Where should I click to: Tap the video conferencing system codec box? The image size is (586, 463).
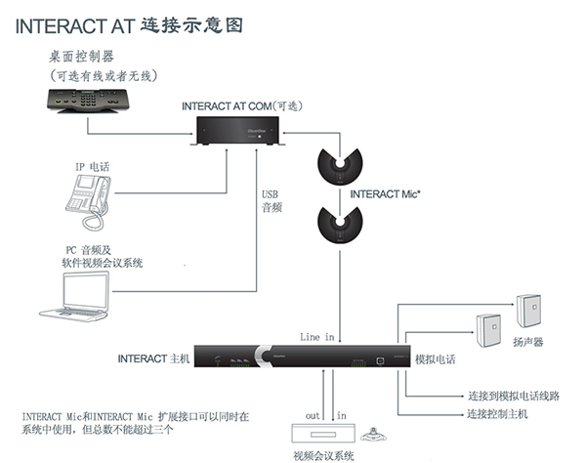pyautogui.click(x=318, y=436)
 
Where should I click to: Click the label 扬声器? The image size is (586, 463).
pyautogui.click(x=530, y=342)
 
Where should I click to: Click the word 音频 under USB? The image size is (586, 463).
pyautogui.click(x=271, y=207)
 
